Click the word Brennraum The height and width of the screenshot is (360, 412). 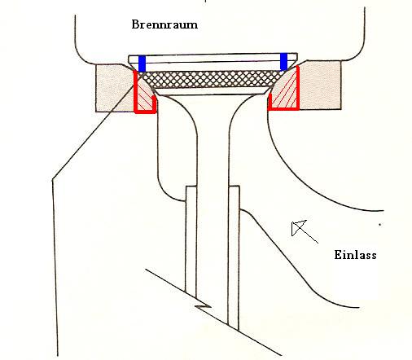[x=164, y=24]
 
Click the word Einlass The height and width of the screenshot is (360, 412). [x=355, y=255]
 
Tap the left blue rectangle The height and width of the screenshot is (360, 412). [x=142, y=64]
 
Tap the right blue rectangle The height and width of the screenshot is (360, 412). [x=283, y=62]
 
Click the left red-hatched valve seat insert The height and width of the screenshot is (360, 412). [x=144, y=95]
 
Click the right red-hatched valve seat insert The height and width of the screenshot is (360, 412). [x=286, y=92]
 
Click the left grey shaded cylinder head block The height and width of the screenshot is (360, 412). [x=112, y=87]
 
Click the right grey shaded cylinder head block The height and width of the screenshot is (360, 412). [x=320, y=86]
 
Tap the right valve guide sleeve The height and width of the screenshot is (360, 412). [x=234, y=257]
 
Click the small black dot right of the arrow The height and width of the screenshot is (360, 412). [x=380, y=225]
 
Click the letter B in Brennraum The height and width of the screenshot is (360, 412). [x=135, y=24]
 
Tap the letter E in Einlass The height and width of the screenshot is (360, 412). [x=338, y=255]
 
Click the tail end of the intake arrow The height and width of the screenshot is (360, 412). [x=318, y=243]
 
